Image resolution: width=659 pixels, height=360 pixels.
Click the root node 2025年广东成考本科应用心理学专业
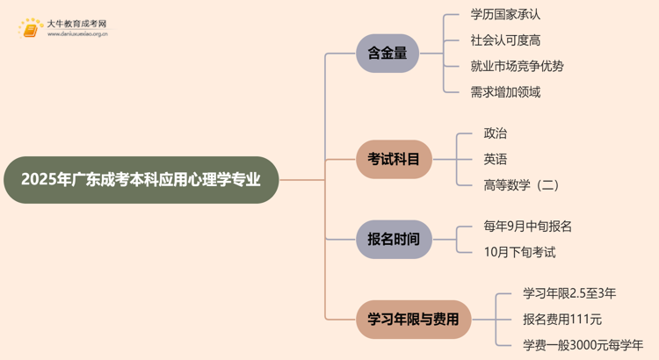click(x=141, y=180)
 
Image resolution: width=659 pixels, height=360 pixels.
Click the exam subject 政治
click(x=495, y=133)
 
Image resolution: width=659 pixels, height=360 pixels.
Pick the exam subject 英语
click(x=495, y=159)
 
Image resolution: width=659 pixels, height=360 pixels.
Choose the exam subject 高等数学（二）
click(x=521, y=184)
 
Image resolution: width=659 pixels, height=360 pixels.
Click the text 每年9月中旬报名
click(x=527, y=226)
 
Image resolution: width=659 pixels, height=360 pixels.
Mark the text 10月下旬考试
click(x=519, y=252)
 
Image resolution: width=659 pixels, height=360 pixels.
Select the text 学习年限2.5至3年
click(x=569, y=293)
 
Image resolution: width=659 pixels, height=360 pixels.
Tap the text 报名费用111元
click(x=562, y=319)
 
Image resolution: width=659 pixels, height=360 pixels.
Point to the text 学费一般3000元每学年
click(x=583, y=344)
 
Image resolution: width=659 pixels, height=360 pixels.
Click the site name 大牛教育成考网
click(x=77, y=24)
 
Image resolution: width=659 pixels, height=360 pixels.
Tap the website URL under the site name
click(x=77, y=36)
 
